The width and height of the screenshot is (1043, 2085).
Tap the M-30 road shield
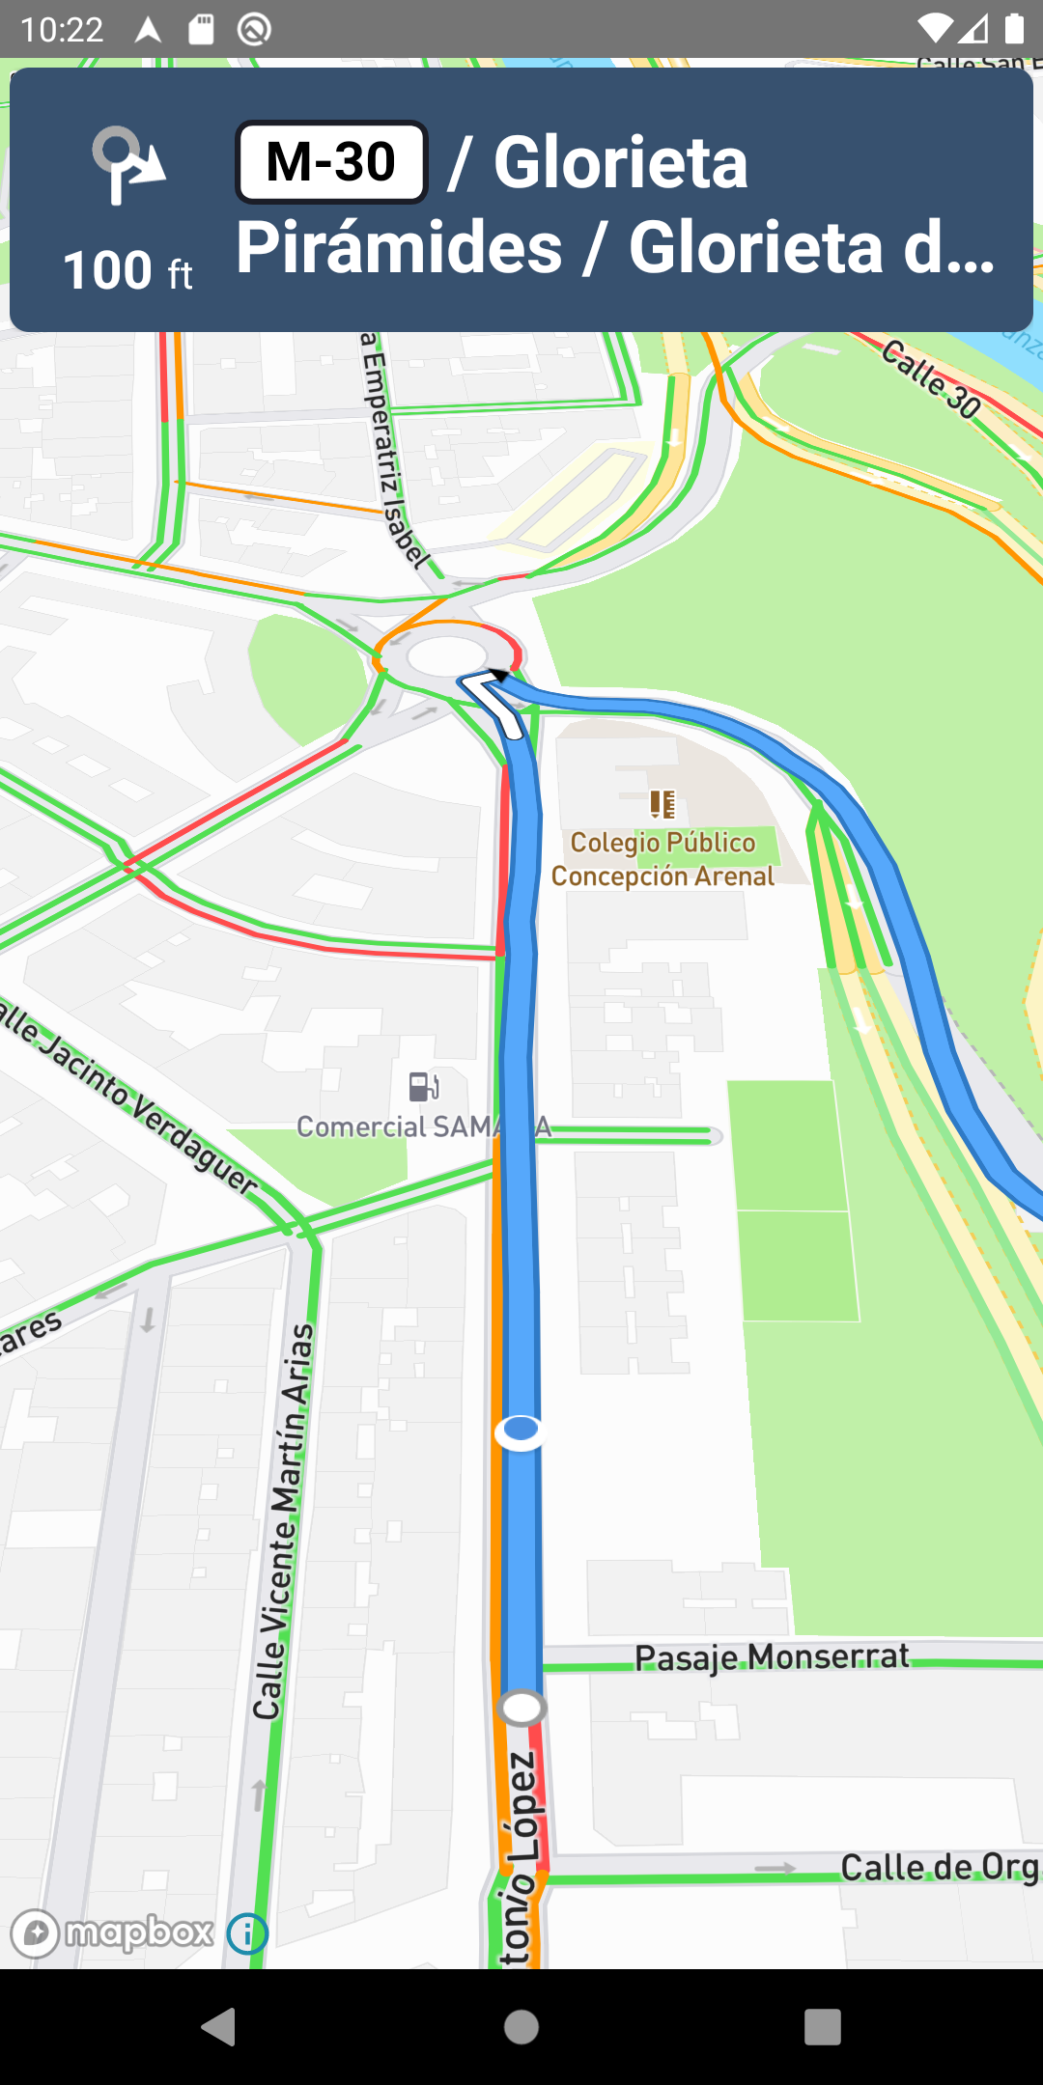(x=331, y=162)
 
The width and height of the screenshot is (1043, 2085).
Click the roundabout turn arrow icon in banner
(x=127, y=165)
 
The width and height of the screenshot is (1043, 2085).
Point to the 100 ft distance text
(x=127, y=270)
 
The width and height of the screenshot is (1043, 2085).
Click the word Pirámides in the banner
(x=399, y=247)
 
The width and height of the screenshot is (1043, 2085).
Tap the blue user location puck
(x=521, y=1430)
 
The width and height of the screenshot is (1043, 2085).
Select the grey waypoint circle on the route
(x=521, y=1708)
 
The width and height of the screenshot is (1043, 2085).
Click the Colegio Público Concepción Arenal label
(x=662, y=859)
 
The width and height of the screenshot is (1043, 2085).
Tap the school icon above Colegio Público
(x=662, y=803)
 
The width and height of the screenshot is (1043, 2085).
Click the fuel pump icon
(x=424, y=1087)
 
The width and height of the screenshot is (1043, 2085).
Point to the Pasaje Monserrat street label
(x=772, y=1657)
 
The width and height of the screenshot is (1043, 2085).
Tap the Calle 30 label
(x=931, y=378)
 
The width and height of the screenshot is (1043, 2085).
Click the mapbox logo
(x=112, y=1932)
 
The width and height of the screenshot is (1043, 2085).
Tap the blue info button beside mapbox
(x=247, y=1933)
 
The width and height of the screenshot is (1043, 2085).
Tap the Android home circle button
(x=521, y=2027)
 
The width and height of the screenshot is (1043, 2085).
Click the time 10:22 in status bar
(x=62, y=30)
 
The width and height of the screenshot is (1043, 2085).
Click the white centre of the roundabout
(x=447, y=656)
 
